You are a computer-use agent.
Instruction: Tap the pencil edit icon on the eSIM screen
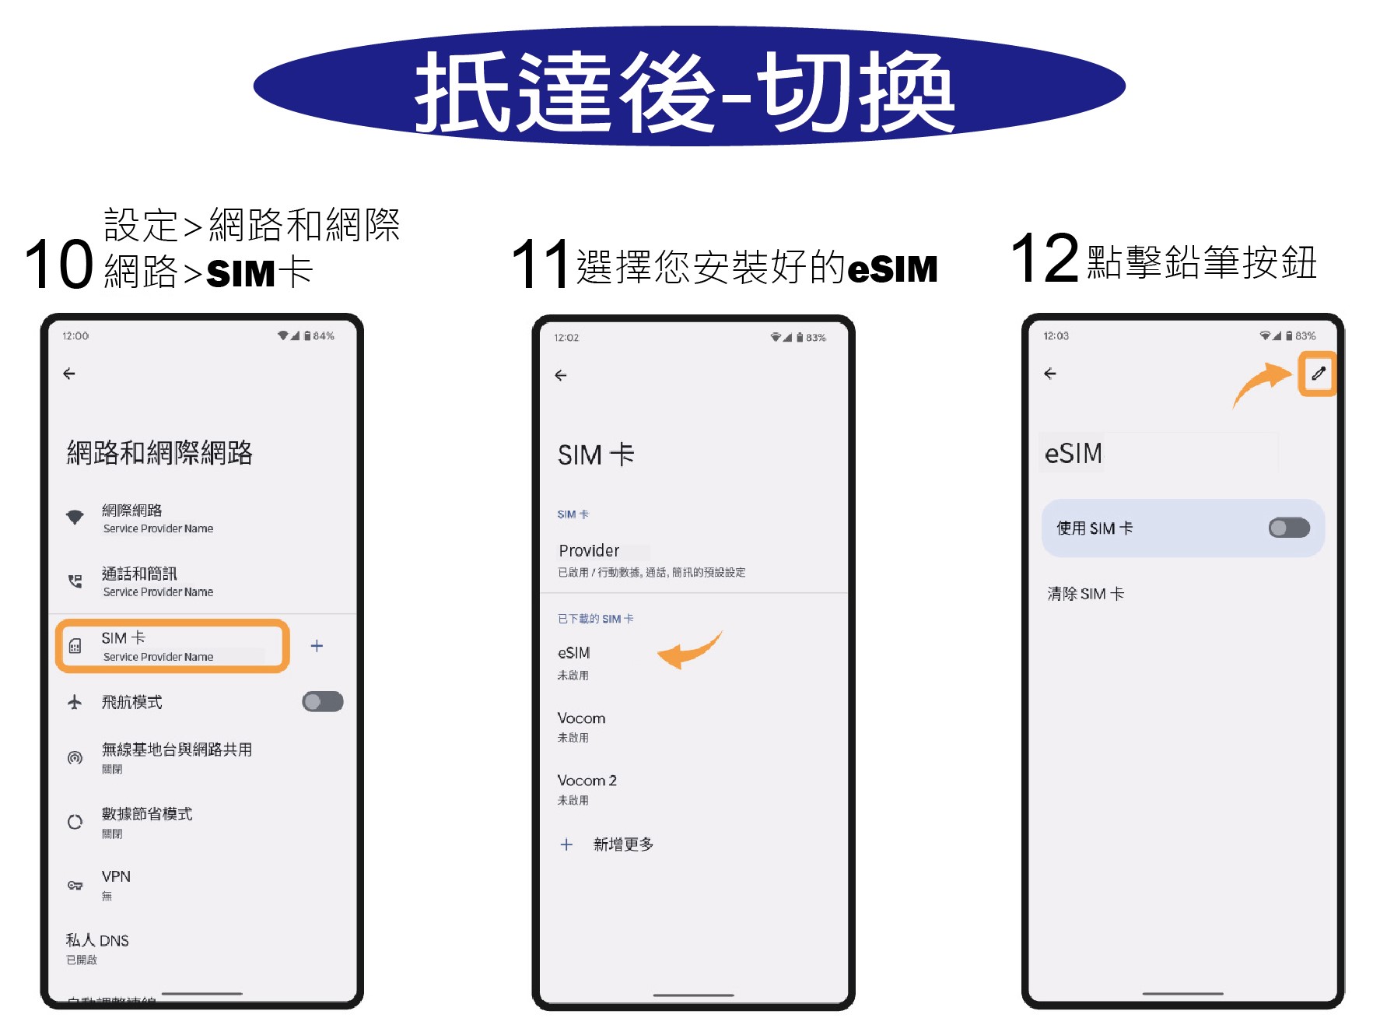tap(1318, 374)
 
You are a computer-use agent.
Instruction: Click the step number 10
tap(59, 265)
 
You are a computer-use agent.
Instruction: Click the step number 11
tap(540, 265)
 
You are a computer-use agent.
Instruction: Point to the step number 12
tap(1044, 258)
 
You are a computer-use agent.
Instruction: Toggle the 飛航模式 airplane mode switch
tap(323, 702)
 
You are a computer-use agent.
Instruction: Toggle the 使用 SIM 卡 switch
tap(1289, 528)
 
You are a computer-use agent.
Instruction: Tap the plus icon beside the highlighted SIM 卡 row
tap(317, 646)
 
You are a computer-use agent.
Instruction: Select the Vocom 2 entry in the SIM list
tap(587, 781)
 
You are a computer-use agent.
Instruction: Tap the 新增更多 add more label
tap(623, 844)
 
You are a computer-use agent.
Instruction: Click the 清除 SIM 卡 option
tap(1085, 594)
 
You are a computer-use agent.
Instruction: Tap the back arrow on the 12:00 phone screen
tap(69, 374)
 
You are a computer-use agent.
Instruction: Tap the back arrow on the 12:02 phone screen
tap(561, 375)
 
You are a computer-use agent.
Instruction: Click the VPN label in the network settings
tap(116, 876)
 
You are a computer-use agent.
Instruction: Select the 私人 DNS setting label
tap(97, 940)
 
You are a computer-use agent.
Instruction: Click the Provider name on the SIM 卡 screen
tap(589, 551)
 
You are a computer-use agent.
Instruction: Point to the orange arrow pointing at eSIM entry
tap(688, 651)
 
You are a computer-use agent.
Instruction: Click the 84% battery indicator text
tap(324, 336)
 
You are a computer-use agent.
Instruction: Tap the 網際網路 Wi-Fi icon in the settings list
tap(75, 518)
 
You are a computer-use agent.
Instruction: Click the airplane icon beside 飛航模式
tap(75, 702)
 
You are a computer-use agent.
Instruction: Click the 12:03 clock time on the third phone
tap(1056, 336)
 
